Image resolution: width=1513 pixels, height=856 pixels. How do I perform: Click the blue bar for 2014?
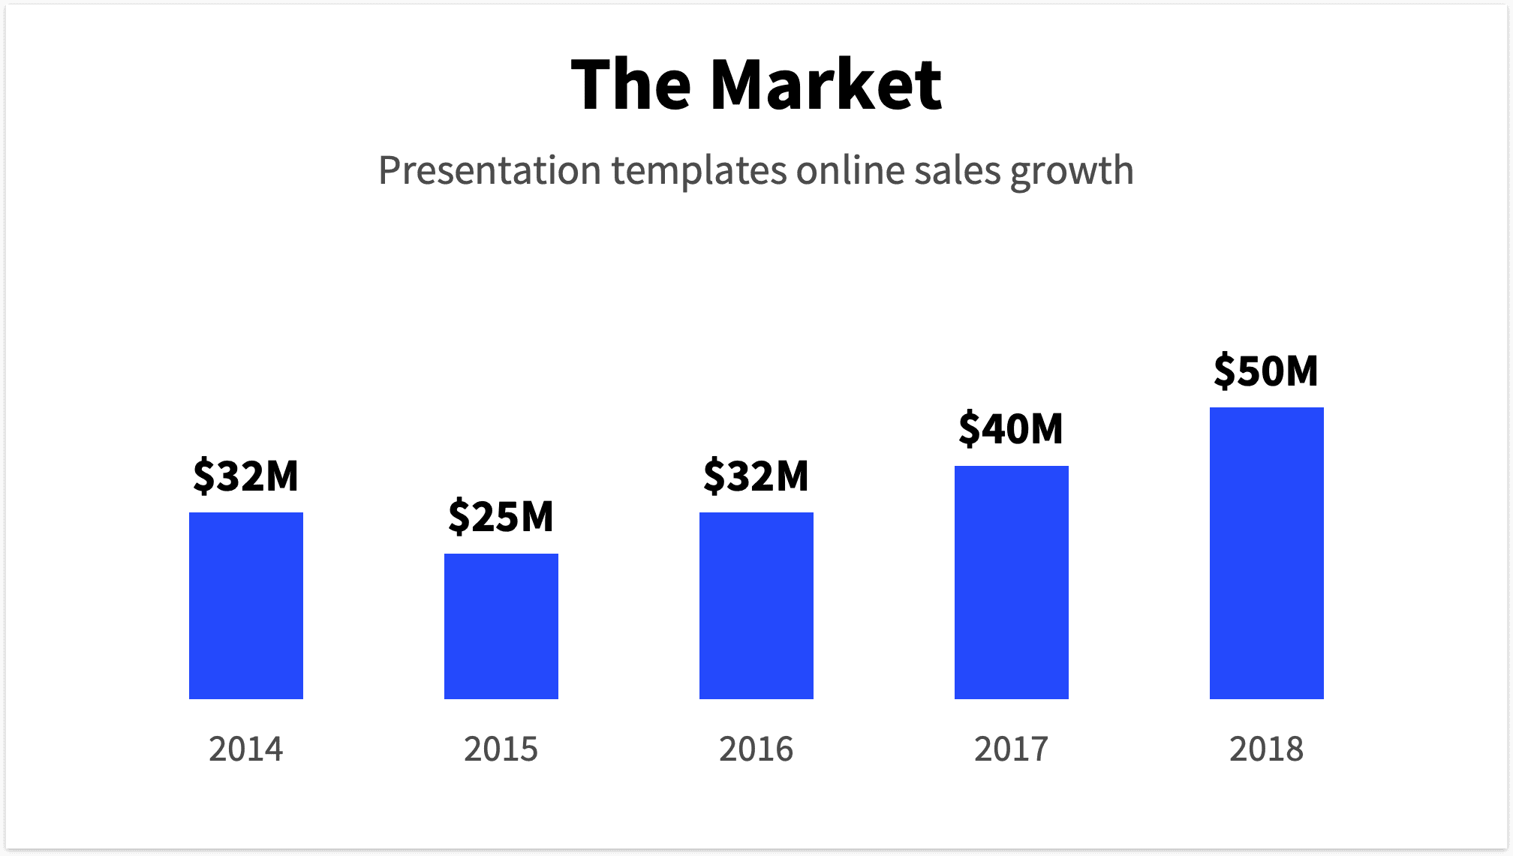246,605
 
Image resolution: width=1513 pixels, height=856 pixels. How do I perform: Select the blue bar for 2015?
501,626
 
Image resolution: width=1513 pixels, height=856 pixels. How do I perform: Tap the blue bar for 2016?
756,605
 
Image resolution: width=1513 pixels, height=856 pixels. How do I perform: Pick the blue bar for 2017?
1012,582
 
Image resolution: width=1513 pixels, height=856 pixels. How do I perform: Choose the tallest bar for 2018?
1267,553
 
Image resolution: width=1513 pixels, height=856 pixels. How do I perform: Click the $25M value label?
501,516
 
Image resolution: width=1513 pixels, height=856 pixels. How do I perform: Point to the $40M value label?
1011,428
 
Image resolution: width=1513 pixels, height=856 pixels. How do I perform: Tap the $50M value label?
1266,371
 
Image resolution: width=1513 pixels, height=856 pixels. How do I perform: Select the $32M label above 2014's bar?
246,476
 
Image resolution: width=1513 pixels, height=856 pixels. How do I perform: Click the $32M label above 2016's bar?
756,476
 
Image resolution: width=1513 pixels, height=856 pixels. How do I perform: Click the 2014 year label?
246,749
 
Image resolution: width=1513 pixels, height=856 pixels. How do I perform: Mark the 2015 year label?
501,749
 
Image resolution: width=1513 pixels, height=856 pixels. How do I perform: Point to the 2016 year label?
756,749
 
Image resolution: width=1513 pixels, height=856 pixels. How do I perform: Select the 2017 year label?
1012,749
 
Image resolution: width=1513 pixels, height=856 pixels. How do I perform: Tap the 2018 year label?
1267,749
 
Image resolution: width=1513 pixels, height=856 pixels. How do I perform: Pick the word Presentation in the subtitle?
489,170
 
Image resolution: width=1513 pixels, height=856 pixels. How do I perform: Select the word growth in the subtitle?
1072,172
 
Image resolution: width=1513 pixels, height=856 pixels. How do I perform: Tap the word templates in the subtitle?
699,172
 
